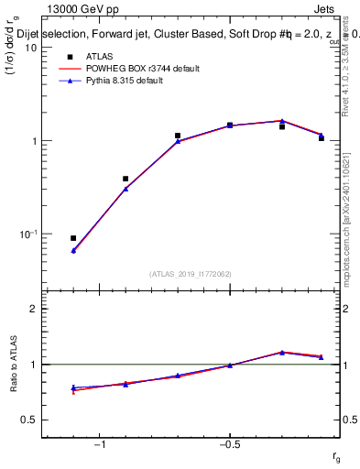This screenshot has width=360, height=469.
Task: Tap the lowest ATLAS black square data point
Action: [x=73, y=238]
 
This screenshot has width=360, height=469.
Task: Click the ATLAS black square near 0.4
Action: [x=125, y=179]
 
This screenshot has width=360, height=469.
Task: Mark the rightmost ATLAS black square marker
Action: [x=322, y=137]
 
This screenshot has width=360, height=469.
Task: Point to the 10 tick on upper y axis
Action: [x=30, y=48]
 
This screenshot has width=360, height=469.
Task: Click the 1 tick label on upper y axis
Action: [x=33, y=141]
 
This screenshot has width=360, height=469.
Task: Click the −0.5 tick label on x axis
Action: [x=229, y=445]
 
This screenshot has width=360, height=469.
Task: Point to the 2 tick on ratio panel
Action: [x=33, y=309]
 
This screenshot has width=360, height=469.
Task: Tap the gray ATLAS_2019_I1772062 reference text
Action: [x=191, y=274]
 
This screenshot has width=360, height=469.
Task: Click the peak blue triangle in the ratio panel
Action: [x=282, y=352]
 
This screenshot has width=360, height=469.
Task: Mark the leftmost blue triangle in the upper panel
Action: [x=73, y=250]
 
